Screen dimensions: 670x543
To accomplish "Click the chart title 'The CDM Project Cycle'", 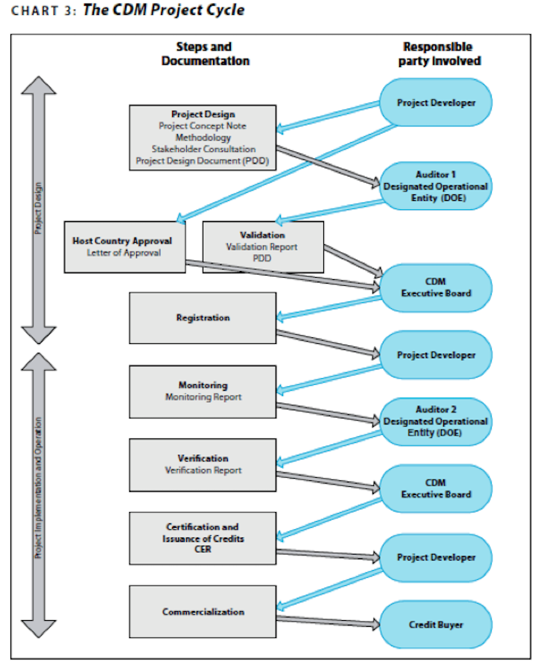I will click(163, 10).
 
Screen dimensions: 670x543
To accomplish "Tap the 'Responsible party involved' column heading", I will click(437, 54).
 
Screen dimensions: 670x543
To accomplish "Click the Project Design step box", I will click(203, 138).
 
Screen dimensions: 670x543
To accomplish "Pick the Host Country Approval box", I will click(122, 246).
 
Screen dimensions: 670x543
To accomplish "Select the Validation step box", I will click(263, 246).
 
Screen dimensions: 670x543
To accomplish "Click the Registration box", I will click(203, 318).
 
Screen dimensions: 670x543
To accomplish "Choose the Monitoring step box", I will click(203, 391).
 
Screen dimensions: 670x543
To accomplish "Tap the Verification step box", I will click(203, 464).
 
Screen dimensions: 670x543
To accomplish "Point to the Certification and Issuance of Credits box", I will click(203, 537).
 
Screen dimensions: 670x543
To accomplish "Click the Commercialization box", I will click(203, 611).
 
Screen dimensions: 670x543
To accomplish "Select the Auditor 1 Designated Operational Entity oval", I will click(436, 186).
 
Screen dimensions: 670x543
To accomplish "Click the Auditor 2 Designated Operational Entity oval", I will click(436, 421).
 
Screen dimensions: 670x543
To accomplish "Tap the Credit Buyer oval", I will click(436, 625).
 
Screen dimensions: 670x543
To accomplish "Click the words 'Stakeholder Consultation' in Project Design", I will click(203, 149).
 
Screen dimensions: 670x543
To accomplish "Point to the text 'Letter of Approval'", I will click(122, 252).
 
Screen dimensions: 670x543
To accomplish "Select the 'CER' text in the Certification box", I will click(203, 549).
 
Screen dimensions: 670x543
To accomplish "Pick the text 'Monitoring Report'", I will click(203, 398).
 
